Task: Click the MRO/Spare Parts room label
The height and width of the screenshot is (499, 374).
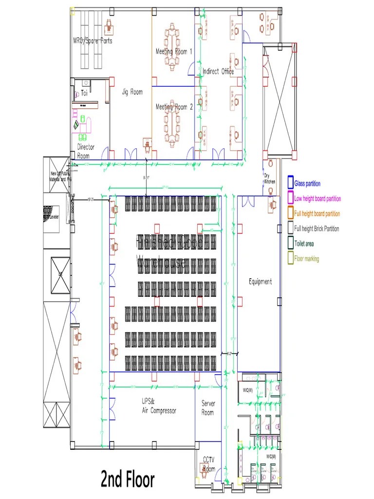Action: tap(93, 41)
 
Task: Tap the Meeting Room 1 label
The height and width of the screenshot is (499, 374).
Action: tap(174, 51)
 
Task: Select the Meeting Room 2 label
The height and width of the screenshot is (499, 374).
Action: tap(174, 107)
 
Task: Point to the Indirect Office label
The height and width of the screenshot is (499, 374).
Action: tap(218, 72)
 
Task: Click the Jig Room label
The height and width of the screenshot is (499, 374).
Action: tap(132, 92)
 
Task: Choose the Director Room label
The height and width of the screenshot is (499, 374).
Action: tap(86, 151)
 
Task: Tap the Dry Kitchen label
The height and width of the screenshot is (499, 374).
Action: tap(269, 178)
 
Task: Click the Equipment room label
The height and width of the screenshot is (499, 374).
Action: tap(260, 282)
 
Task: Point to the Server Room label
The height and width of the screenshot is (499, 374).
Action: tap(208, 408)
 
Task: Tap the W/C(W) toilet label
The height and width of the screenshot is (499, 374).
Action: tap(247, 390)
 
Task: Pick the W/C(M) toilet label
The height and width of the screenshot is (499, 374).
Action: tap(271, 456)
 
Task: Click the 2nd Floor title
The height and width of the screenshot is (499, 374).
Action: tap(128, 480)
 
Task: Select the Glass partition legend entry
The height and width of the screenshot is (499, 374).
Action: tap(307, 184)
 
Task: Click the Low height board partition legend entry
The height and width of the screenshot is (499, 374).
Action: tap(317, 199)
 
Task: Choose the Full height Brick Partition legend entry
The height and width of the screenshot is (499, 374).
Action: tap(316, 229)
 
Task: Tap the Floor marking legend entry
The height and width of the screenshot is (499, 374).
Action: tap(306, 259)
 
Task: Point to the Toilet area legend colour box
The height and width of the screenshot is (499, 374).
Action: tap(290, 244)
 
